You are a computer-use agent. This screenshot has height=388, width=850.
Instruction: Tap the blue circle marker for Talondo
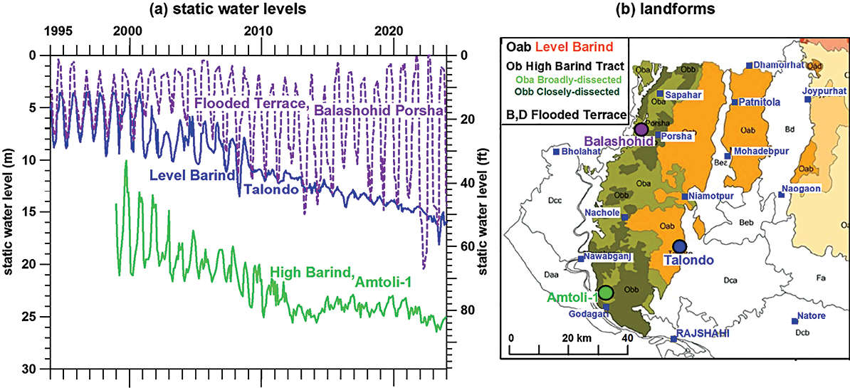679,247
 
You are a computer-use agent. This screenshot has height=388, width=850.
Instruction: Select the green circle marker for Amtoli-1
606,292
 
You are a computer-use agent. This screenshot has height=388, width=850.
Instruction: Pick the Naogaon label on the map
802,189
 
